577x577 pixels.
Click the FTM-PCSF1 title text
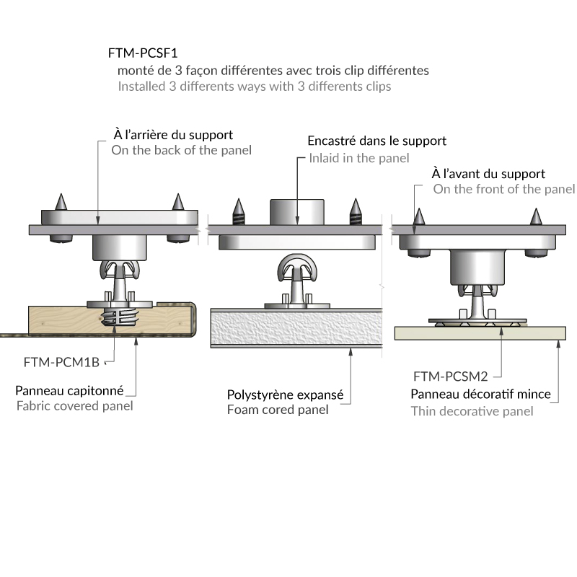(143, 53)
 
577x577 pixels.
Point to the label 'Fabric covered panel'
(74, 405)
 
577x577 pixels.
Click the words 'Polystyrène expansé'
(285, 395)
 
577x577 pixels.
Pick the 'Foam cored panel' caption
(278, 410)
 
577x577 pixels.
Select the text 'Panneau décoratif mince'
(480, 395)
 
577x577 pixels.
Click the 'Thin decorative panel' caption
(472, 411)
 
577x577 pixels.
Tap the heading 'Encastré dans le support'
(376, 141)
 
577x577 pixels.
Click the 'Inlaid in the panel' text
(358, 158)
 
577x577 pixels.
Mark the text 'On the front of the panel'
(504, 189)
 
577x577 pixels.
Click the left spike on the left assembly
(61, 201)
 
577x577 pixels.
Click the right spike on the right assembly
(535, 216)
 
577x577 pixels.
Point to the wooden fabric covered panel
(65, 320)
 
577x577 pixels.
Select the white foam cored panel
(296, 330)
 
